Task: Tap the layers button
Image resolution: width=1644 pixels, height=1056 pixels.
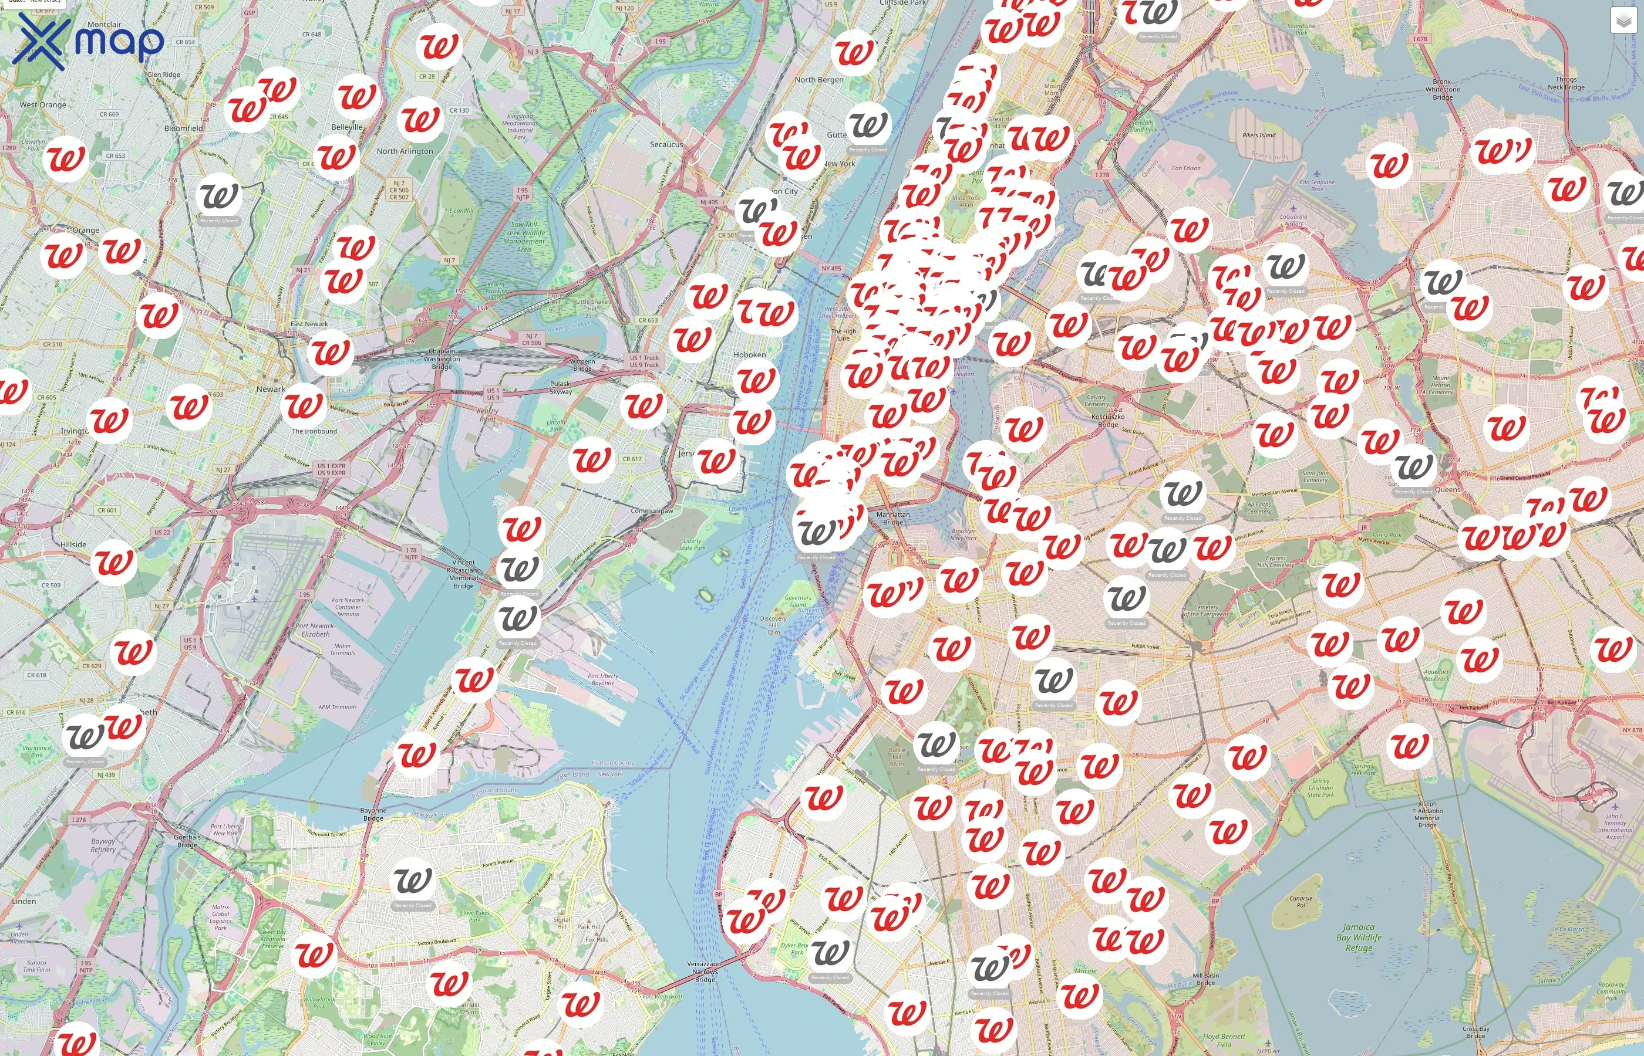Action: pyautogui.click(x=1623, y=21)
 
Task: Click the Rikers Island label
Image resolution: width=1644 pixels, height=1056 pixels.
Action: pyautogui.click(x=1259, y=135)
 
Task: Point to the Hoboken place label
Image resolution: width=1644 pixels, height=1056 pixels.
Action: pyautogui.click(x=749, y=354)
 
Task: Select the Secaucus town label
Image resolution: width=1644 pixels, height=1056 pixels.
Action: pyautogui.click(x=666, y=145)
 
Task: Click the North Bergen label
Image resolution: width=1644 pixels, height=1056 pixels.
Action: pyautogui.click(x=818, y=80)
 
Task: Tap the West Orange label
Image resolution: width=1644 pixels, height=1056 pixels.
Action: pyautogui.click(x=42, y=105)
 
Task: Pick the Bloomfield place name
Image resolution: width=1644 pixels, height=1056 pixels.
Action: pyautogui.click(x=183, y=128)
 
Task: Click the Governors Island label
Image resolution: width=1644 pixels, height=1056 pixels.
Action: pyautogui.click(x=797, y=601)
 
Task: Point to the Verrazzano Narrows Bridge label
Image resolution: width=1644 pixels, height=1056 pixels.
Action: pyautogui.click(x=705, y=971)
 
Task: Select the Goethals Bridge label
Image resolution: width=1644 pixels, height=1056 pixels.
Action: pyautogui.click(x=187, y=841)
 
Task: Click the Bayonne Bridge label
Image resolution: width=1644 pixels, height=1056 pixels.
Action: pyautogui.click(x=373, y=814)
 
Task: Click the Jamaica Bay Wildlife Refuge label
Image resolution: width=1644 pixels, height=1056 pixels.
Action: pyautogui.click(x=1359, y=937)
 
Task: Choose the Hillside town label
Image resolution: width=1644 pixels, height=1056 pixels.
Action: pyautogui.click(x=73, y=544)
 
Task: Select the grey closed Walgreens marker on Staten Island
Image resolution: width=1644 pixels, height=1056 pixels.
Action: pyautogui.click(x=412, y=881)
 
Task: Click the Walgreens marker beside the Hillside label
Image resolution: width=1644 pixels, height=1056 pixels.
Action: pyautogui.click(x=114, y=562)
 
